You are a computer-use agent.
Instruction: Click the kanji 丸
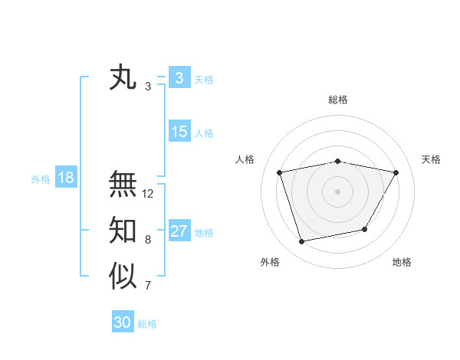pyautogui.click(x=123, y=78)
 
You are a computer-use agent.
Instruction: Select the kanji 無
pyautogui.click(x=123, y=184)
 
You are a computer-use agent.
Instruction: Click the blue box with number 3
pyautogui.click(x=179, y=78)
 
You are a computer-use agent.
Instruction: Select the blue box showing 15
pyautogui.click(x=179, y=132)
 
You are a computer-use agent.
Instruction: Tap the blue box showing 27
pyautogui.click(x=179, y=231)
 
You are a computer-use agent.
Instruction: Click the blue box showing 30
pyautogui.click(x=123, y=322)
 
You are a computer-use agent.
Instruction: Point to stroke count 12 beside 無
pyautogui.click(x=148, y=194)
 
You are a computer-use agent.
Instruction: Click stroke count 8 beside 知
pyautogui.click(x=148, y=240)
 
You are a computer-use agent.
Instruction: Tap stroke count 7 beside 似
pyautogui.click(x=148, y=286)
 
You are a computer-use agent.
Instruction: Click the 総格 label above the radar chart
pyautogui.click(x=338, y=100)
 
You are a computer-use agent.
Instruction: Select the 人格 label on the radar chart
pyautogui.click(x=245, y=159)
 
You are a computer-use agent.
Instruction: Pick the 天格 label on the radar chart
pyautogui.click(x=432, y=159)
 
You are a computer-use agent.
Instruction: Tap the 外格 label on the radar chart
pyautogui.click(x=270, y=262)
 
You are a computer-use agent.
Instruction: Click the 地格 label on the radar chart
pyautogui.click(x=402, y=262)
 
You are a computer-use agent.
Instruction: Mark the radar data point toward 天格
pyautogui.click(x=396, y=172)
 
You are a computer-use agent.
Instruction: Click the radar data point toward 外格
pyautogui.click(x=302, y=241)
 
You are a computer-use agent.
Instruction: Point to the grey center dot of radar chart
pyautogui.click(x=337, y=191)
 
